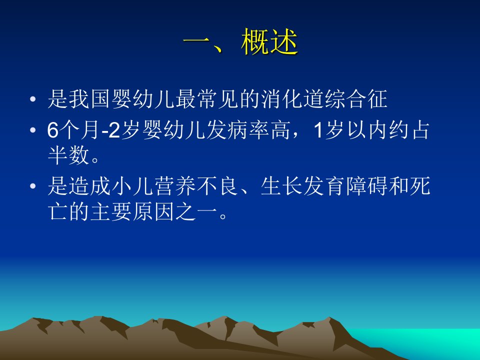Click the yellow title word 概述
click(x=269, y=42)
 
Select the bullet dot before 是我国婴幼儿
click(x=33, y=99)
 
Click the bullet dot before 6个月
click(x=33, y=130)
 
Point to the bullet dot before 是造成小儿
click(x=33, y=186)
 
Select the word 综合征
click(x=355, y=99)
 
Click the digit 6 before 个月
click(x=52, y=130)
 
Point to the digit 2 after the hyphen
click(x=114, y=130)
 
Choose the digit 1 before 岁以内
click(x=318, y=130)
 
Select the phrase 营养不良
click(x=196, y=186)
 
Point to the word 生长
click(x=281, y=186)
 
